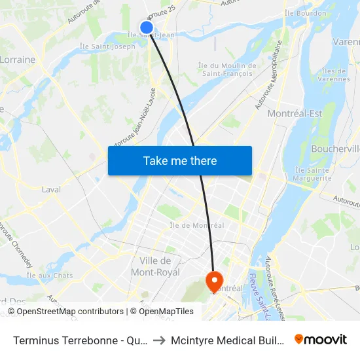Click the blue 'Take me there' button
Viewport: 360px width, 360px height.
[x=179, y=160]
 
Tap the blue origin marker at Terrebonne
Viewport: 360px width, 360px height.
[x=147, y=27]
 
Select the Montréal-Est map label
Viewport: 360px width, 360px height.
[x=295, y=113]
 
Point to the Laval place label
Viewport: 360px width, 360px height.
[x=51, y=189]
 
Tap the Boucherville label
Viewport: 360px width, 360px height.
[x=336, y=149]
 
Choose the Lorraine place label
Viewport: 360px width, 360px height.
[x=17, y=60]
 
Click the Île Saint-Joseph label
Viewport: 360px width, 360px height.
[x=107, y=46]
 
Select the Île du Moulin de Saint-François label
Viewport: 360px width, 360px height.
[x=227, y=69]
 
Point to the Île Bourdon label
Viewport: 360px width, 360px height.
[x=306, y=13]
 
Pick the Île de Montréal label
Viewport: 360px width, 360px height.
[x=197, y=225]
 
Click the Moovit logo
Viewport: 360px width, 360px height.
[x=320, y=339]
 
